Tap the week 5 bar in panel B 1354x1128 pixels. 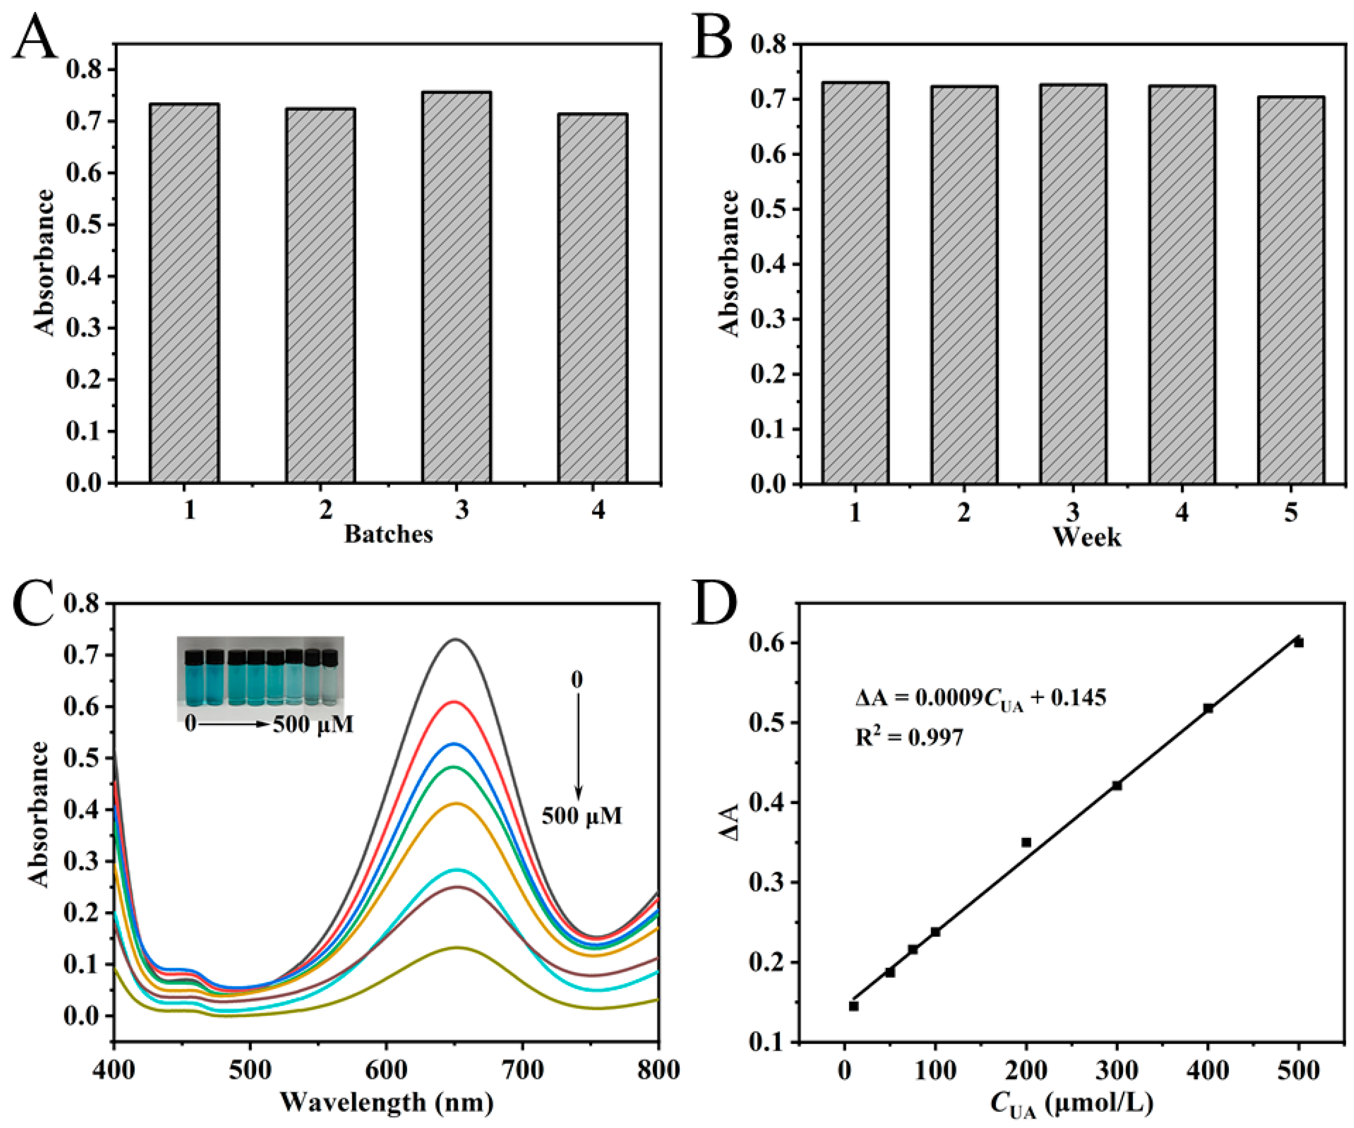[1291, 290]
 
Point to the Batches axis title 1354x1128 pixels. [388, 534]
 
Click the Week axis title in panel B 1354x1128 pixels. [1087, 537]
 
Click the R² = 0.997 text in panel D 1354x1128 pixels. [909, 737]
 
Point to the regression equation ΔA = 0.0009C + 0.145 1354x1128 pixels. [980, 699]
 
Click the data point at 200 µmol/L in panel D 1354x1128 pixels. [1026, 842]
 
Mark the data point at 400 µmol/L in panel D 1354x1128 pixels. [1208, 708]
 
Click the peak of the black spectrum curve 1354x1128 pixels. [456, 639]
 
